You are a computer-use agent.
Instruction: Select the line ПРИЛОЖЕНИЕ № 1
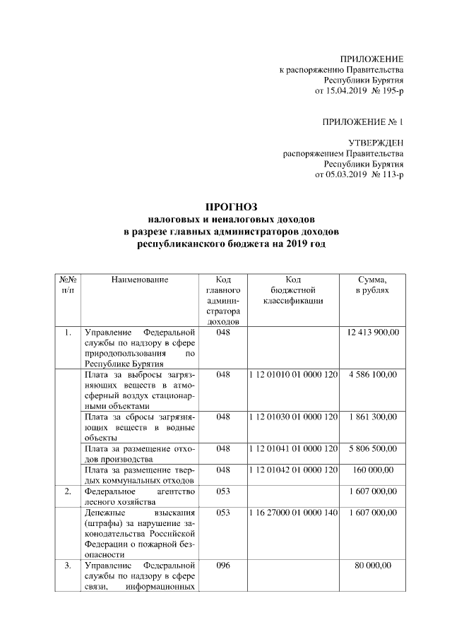[362, 121]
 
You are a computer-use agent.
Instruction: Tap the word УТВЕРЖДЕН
[376, 143]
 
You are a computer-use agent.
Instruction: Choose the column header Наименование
[139, 280]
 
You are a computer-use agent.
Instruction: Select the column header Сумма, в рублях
[373, 285]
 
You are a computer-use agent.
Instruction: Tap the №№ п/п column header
[66, 285]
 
